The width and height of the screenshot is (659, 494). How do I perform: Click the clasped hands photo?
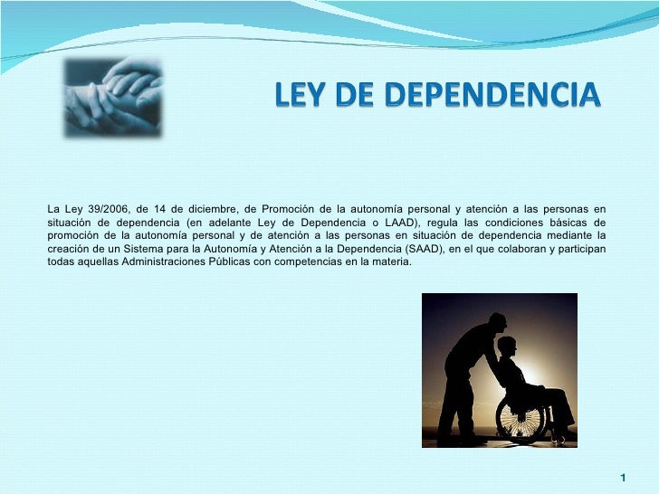click(113, 98)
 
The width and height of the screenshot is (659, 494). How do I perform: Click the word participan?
click(579, 249)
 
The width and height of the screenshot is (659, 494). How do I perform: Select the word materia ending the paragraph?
click(391, 261)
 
